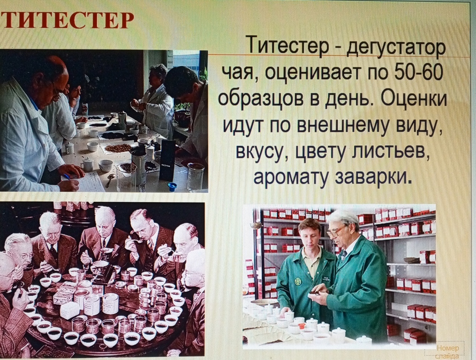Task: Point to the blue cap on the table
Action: (x=173, y=185)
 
